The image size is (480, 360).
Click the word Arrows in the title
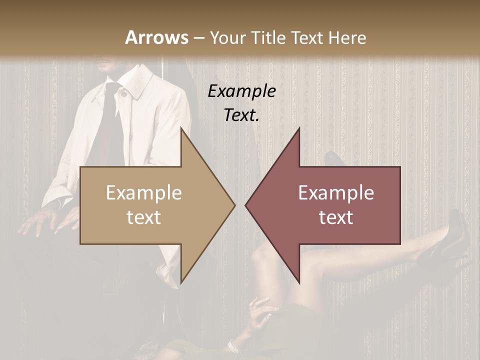tap(156, 37)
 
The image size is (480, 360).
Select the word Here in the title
tap(347, 37)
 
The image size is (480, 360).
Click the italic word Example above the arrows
tap(241, 91)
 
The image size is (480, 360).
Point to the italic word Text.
tap(241, 115)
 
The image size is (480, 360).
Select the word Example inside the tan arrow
tap(144, 192)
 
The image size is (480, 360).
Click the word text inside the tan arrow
tap(144, 217)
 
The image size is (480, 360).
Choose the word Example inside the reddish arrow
tap(336, 192)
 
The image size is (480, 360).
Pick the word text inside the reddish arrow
tap(336, 217)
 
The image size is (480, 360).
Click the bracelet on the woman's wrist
tap(232, 345)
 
